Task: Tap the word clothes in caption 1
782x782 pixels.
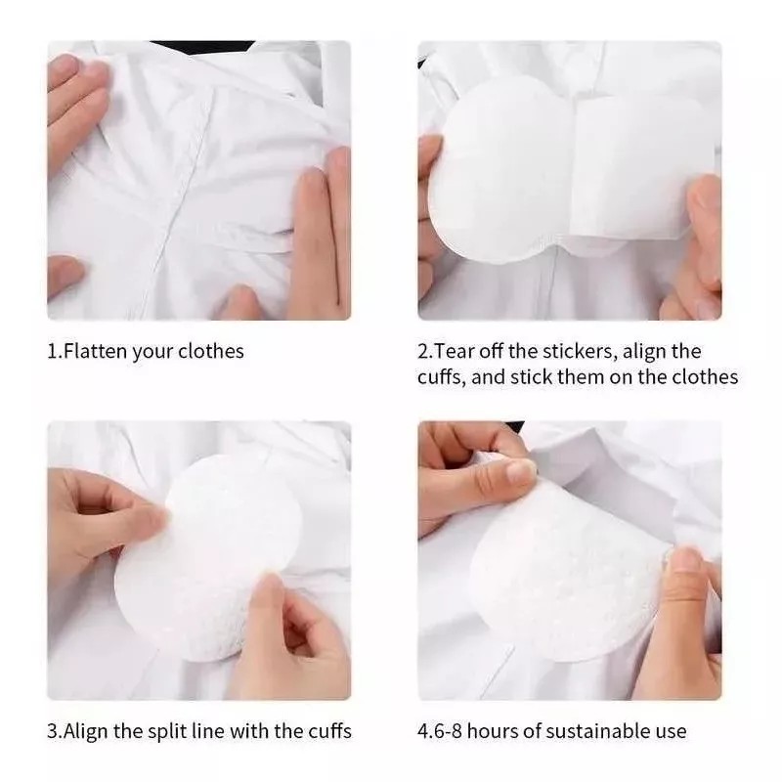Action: coord(210,351)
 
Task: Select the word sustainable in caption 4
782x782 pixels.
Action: coord(596,730)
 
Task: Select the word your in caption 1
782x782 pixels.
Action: coord(152,351)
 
